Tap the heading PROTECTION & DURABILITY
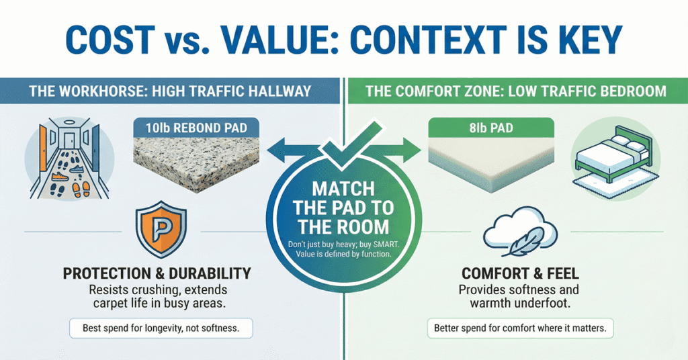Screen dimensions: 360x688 tap(156, 273)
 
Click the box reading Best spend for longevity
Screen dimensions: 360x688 tap(156, 329)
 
